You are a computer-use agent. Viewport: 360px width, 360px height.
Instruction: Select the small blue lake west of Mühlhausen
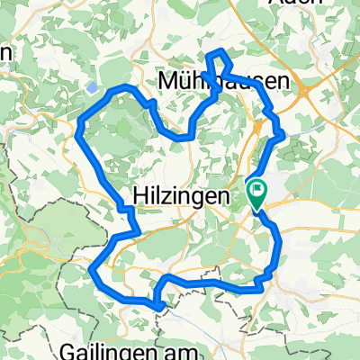tap(94, 88)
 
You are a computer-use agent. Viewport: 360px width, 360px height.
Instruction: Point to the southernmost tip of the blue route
tap(159, 306)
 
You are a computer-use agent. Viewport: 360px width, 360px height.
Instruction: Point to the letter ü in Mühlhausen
tap(184, 82)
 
